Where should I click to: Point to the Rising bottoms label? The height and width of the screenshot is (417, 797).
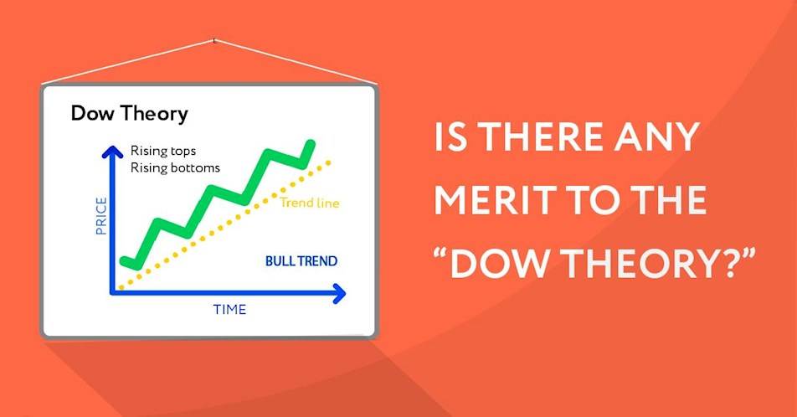coord(175,167)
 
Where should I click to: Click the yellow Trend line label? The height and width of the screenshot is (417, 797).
coord(311,203)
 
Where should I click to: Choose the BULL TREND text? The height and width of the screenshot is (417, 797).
coord(301,261)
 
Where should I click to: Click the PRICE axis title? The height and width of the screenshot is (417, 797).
coord(101,215)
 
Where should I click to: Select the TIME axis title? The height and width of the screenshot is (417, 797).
coord(229,310)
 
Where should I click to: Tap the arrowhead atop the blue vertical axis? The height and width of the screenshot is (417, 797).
coord(109,151)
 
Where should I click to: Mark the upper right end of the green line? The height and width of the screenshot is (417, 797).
coord(311,145)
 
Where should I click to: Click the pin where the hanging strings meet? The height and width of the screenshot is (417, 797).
coord(214,39)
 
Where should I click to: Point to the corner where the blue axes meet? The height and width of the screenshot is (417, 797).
coord(110,292)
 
